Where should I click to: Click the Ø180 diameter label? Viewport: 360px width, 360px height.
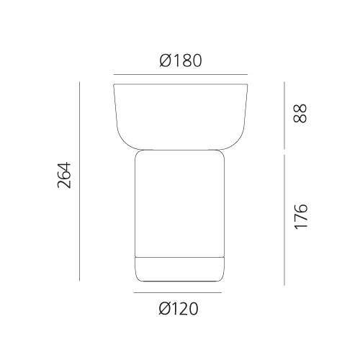point(181,60)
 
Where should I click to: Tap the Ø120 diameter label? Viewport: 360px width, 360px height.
point(179,308)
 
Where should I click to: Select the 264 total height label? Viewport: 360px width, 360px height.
point(64,175)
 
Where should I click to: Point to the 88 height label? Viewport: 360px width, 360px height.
point(300,113)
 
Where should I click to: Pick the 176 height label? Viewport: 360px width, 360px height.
point(301,217)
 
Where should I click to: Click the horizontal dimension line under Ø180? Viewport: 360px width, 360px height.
point(181,75)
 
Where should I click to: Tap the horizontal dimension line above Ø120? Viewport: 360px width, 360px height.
point(178,292)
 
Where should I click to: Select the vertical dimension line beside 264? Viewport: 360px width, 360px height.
point(79,181)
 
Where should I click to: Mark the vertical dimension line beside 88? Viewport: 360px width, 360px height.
point(284,115)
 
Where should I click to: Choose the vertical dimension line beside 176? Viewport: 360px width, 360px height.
point(284,220)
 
